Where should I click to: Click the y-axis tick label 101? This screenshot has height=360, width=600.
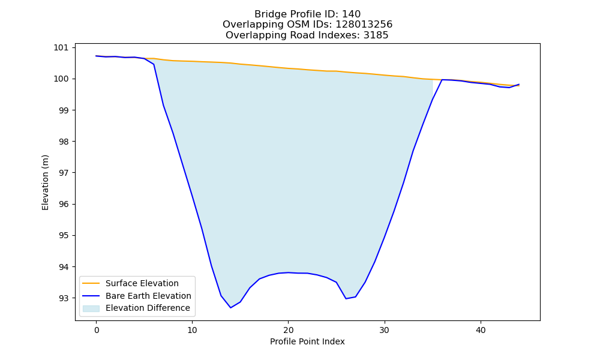click(61, 47)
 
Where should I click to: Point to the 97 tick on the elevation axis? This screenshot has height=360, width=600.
click(64, 173)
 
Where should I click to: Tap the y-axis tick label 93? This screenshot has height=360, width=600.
click(64, 298)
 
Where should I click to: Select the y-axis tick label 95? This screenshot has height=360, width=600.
click(64, 235)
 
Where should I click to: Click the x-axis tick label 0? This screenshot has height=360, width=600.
click(97, 330)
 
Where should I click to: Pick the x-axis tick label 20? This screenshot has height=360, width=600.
click(288, 330)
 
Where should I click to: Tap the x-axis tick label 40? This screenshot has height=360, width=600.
click(481, 330)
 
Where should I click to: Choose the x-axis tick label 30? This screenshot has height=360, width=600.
click(385, 330)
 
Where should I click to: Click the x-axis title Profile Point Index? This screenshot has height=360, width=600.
click(307, 341)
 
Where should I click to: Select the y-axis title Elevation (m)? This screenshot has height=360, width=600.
click(45, 182)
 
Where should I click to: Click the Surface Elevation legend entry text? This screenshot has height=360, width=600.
click(142, 283)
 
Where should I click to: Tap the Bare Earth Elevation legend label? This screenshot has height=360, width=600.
click(148, 296)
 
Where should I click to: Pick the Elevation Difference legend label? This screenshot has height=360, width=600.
click(148, 308)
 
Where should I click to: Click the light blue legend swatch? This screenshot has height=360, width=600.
click(91, 308)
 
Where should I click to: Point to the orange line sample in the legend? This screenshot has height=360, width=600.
click(91, 283)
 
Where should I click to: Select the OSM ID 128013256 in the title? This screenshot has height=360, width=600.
click(364, 25)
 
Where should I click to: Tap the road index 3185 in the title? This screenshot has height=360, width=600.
click(376, 35)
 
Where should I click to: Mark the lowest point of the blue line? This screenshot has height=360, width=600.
click(231, 308)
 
